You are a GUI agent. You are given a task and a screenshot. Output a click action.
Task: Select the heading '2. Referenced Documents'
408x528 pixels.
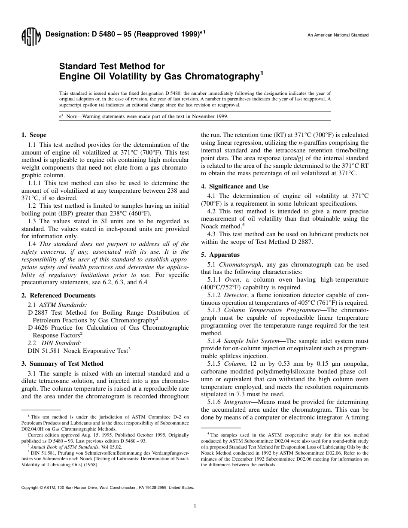click(x=58, y=295)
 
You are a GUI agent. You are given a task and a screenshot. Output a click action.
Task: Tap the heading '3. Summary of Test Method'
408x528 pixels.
click(x=62, y=364)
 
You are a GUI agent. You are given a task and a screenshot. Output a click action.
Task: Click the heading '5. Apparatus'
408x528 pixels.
click(x=220, y=255)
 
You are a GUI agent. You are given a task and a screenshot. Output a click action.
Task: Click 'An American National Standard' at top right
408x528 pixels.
click(x=338, y=35)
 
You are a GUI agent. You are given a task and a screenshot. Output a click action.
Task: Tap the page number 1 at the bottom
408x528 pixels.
click(x=195, y=506)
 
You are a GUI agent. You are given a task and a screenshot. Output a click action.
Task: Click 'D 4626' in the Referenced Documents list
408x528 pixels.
click(x=37, y=328)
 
